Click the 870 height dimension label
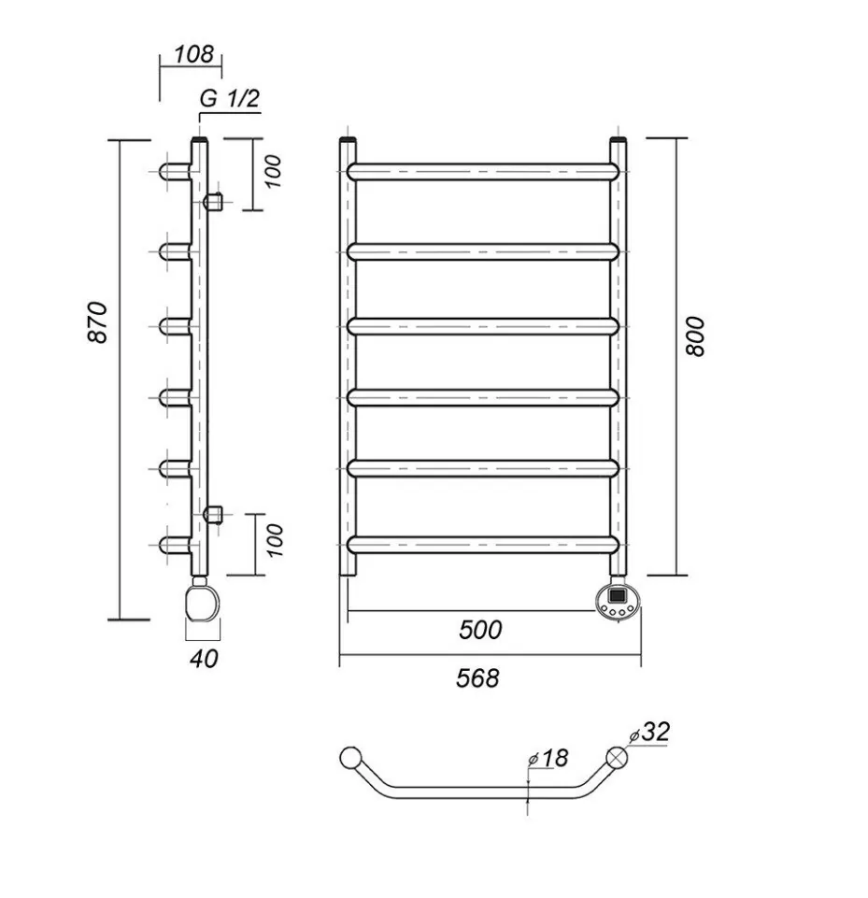[x=101, y=323]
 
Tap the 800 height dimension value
[x=695, y=336]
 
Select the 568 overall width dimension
[x=477, y=677]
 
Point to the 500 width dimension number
[x=480, y=630]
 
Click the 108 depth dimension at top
[x=193, y=54]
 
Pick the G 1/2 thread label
[x=229, y=100]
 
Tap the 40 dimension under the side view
[x=204, y=658]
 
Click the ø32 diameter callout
[x=651, y=732]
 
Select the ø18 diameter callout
[x=548, y=758]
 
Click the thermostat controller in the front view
[x=619, y=599]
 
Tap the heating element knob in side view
[x=203, y=600]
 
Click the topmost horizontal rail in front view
[x=483, y=172]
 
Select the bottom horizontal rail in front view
[x=483, y=544]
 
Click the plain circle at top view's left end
[x=350, y=758]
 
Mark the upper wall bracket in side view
[x=214, y=200]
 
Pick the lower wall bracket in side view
[x=214, y=512]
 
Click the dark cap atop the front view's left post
[x=349, y=141]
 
